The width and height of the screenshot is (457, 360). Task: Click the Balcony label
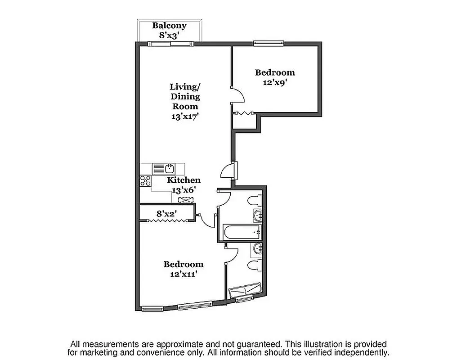coord(169,26)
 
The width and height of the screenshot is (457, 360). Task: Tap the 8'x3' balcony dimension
coord(169,34)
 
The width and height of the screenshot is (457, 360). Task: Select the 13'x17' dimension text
coord(185,116)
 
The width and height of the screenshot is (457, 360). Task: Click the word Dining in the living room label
coord(185,96)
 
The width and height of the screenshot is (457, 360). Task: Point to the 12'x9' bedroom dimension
coord(275,82)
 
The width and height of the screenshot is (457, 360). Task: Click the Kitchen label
coord(184,180)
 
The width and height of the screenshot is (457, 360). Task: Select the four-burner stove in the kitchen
coord(145,181)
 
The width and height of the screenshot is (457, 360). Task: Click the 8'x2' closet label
coord(166,214)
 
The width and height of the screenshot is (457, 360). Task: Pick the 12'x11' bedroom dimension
coord(183,274)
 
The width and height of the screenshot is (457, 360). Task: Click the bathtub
coord(241,233)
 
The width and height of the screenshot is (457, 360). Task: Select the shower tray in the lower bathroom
coord(244,291)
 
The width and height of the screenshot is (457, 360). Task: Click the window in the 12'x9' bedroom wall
coord(268,44)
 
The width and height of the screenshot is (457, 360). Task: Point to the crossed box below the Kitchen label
coord(184,199)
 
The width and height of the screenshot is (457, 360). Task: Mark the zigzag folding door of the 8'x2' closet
coord(166,220)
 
